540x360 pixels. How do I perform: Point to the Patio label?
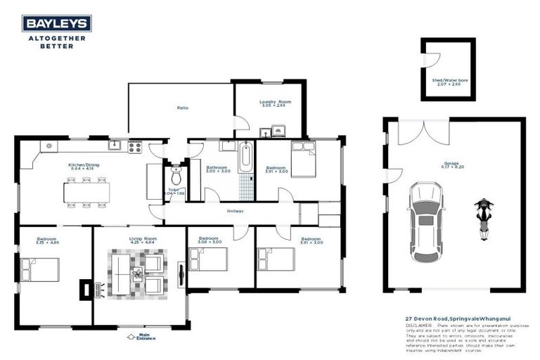click(x=181, y=108)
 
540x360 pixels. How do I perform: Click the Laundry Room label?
click(x=271, y=102)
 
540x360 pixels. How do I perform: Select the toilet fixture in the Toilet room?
click(x=176, y=172)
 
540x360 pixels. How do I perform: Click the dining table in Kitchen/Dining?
click(x=87, y=192)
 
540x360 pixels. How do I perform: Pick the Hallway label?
click(x=235, y=211)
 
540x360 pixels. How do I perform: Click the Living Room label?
click(x=142, y=239)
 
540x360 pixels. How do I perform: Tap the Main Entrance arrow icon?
click(x=131, y=336)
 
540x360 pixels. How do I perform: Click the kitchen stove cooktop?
click(x=134, y=147)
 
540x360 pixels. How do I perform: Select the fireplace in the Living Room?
click(x=85, y=288)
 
